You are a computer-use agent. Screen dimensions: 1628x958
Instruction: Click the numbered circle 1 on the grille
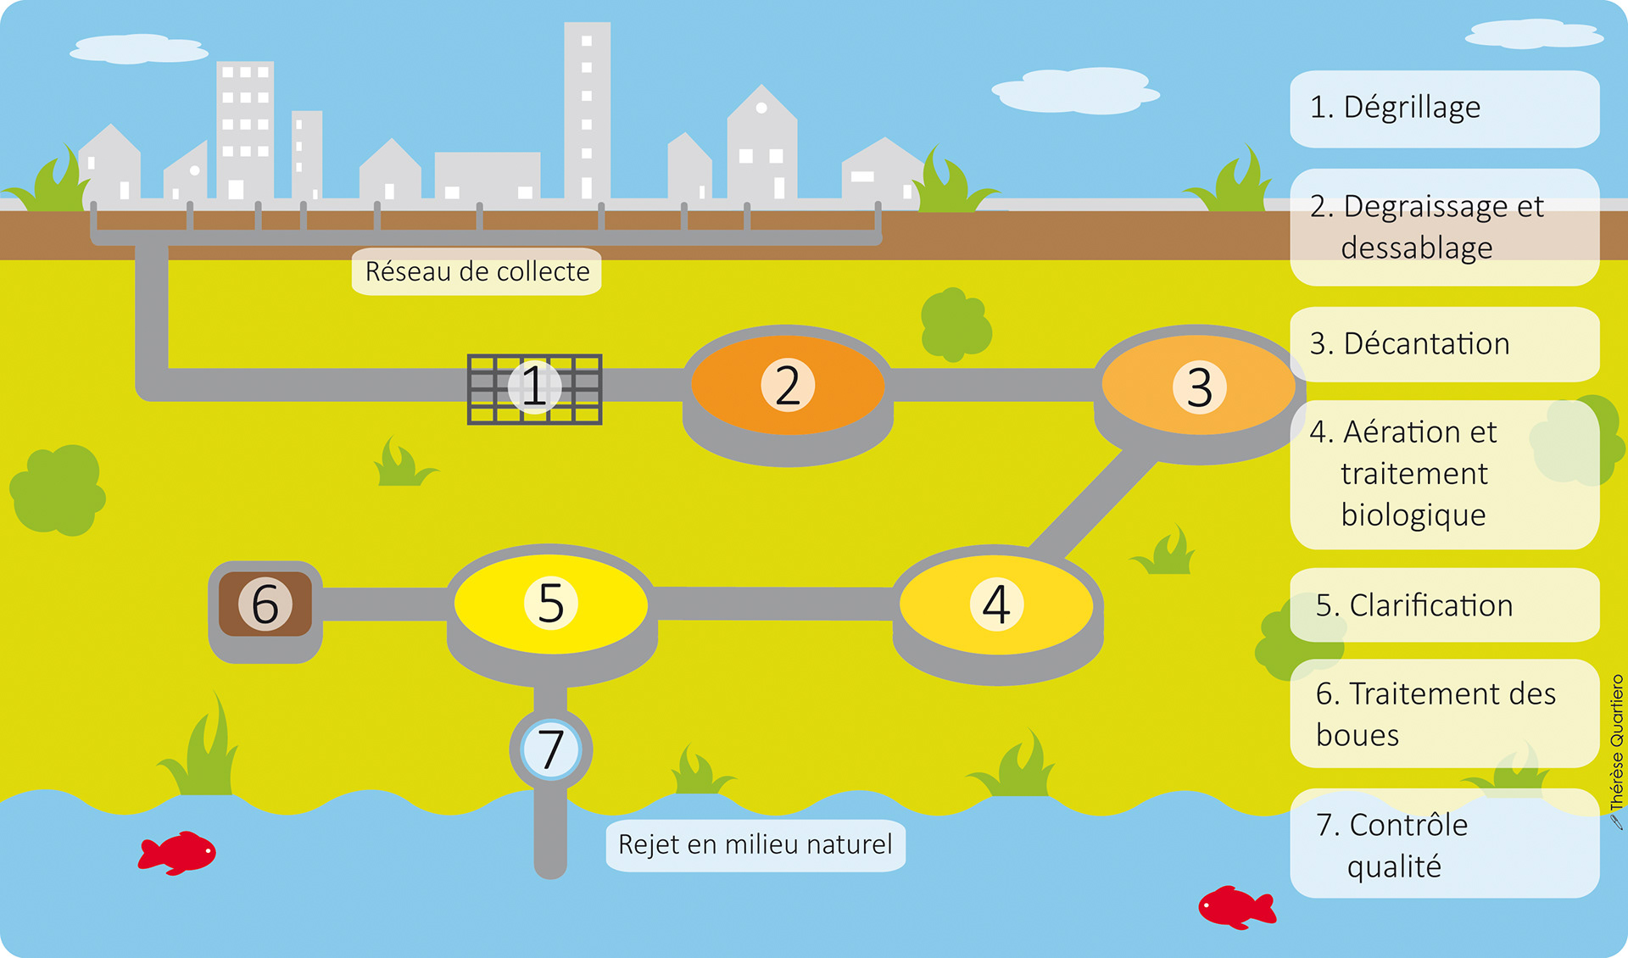click(534, 387)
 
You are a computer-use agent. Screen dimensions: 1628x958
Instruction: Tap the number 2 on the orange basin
click(788, 385)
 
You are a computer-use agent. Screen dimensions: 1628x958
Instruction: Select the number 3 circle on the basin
click(1199, 387)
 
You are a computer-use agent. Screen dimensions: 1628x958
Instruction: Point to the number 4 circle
click(996, 604)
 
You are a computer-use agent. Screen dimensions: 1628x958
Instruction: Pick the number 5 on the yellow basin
click(551, 603)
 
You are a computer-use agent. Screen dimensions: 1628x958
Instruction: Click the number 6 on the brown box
click(265, 604)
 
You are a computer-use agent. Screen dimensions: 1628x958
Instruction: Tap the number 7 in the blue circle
click(551, 749)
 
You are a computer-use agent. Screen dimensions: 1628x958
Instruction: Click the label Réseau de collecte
click(477, 271)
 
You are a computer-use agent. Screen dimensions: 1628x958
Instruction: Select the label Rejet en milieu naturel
click(755, 844)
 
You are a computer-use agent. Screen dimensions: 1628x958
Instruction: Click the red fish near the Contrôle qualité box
click(1235, 907)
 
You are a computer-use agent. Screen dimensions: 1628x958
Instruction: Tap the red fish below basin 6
click(178, 852)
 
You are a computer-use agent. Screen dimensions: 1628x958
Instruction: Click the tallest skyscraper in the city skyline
click(587, 110)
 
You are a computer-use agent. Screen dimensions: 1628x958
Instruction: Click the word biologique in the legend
click(1413, 515)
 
